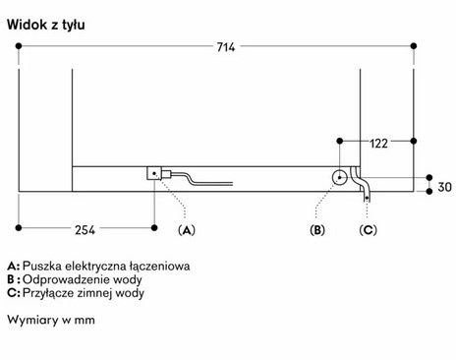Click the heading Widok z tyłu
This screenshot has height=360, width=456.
coord(45,23)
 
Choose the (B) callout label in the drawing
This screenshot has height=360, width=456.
coord(316,231)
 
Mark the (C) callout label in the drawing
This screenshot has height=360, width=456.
coord(368,231)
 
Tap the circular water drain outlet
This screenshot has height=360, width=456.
coord(339,177)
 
